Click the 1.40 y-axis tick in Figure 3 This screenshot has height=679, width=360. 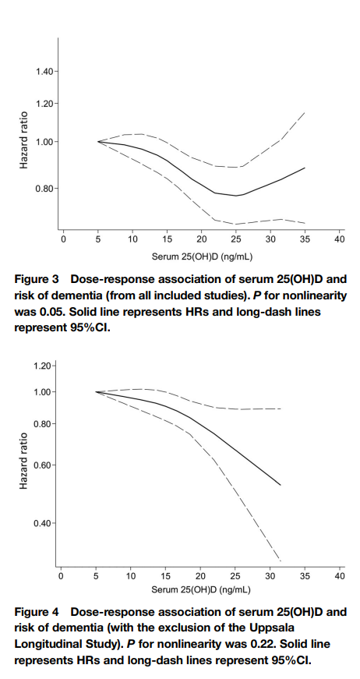click(44, 71)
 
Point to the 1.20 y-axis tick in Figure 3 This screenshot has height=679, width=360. click(44, 104)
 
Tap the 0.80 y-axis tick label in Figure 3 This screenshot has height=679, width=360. click(44, 189)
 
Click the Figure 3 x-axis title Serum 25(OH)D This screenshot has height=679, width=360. click(185, 256)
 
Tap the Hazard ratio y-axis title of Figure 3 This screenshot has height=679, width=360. click(24, 140)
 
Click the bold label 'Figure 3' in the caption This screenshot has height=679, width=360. click(36, 280)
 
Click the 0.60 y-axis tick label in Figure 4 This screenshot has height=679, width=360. click(43, 465)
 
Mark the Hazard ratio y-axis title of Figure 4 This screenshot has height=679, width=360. click(24, 461)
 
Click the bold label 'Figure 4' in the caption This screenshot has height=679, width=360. click(36, 612)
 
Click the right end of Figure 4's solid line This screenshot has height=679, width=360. click(281, 485)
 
